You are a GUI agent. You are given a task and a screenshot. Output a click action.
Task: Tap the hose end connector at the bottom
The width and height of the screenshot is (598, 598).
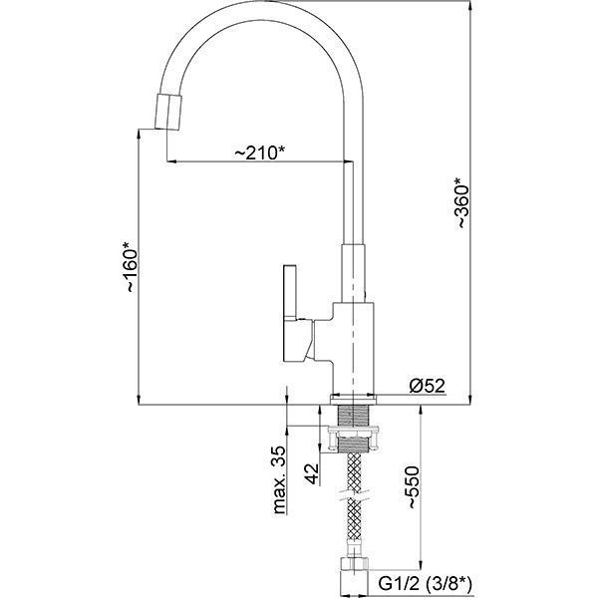click(x=352, y=577)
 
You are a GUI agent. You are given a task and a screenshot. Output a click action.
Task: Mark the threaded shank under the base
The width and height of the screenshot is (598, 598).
click(x=353, y=416)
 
